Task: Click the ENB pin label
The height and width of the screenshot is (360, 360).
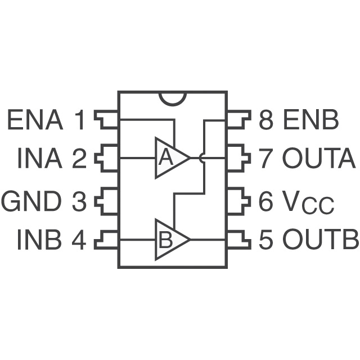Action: coord(310,121)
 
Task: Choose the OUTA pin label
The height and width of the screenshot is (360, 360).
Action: coord(319,160)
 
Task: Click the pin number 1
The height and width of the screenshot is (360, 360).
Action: coord(80,121)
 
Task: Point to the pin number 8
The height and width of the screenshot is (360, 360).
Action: coord(265,121)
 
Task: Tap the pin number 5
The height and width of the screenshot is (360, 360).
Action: coord(265,241)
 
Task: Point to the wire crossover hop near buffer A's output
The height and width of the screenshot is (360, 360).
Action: coord(203,159)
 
